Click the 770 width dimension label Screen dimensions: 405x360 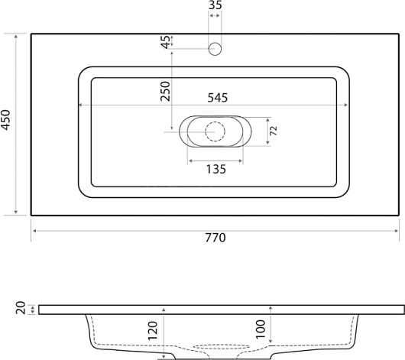tap(215, 238)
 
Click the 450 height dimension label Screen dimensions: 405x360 tap(5, 120)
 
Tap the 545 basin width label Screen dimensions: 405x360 tap(218, 98)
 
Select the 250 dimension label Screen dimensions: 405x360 tap(165, 91)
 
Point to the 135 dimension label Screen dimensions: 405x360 tap(216, 170)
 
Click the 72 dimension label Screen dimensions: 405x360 tap(274, 131)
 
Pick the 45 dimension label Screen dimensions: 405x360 tap(166, 42)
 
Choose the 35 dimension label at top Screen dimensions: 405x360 tap(215, 5)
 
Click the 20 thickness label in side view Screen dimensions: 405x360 tap(21, 308)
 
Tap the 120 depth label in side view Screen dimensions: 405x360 tap(152, 331)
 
